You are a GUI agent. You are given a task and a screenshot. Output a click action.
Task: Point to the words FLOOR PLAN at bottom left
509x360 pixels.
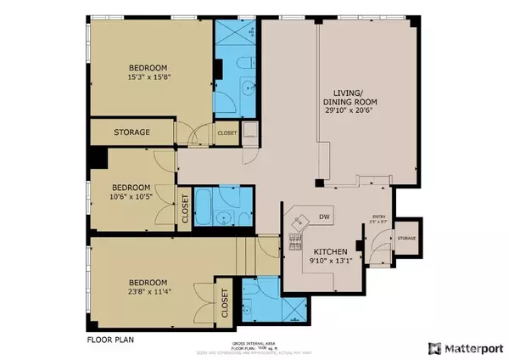pyautogui.click(x=110, y=340)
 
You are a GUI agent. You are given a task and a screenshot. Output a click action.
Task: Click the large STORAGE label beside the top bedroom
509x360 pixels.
pyautogui.click(x=131, y=133)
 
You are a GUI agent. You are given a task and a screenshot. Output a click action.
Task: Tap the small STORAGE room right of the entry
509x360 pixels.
pyautogui.click(x=406, y=238)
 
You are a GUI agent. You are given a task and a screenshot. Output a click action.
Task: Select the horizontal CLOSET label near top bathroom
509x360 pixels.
pyautogui.click(x=227, y=133)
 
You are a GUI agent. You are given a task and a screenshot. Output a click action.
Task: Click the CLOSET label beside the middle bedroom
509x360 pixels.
pyautogui.click(x=185, y=210)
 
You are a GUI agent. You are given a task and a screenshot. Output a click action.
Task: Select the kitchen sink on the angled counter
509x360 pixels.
pyautogui.click(x=298, y=222)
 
